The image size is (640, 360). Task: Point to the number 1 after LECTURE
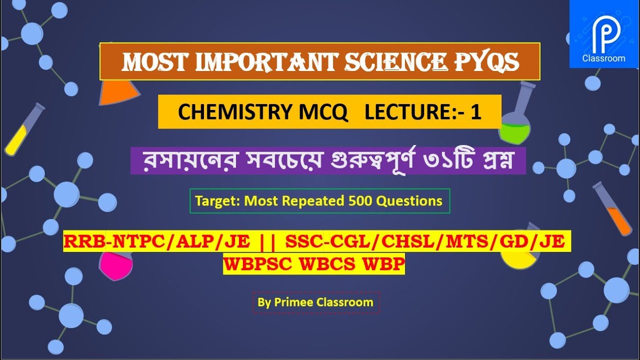475,112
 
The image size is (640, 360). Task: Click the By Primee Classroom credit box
315,302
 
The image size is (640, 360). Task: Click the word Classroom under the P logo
603,58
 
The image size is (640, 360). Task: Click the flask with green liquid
514,125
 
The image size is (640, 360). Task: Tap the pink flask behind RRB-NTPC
114,265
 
